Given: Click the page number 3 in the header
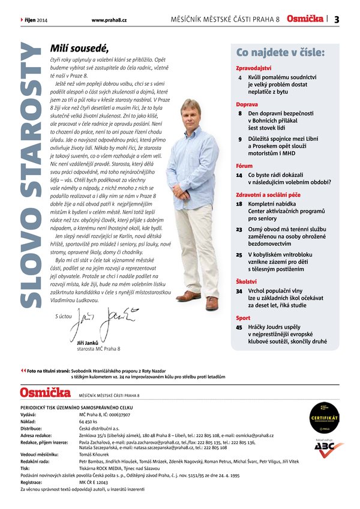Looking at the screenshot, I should [337, 20].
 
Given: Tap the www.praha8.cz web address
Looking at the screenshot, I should [109, 20].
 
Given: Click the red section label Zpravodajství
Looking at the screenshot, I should [254, 68].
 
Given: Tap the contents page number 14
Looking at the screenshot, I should [239, 174].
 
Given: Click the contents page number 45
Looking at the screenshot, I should [239, 327].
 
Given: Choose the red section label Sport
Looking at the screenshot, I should [243, 317].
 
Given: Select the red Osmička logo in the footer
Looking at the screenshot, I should [46, 393].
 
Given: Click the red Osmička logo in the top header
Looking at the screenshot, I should [305, 19].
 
